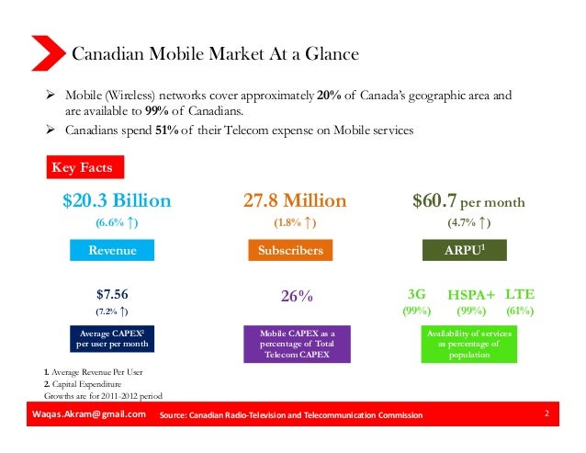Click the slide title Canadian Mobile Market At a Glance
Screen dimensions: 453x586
click(215, 55)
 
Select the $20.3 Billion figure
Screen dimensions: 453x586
click(117, 200)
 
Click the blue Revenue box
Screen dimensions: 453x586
click(111, 250)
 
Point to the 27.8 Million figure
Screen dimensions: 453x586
click(295, 200)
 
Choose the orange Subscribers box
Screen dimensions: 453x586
click(295, 250)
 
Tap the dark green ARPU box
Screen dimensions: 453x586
click(467, 250)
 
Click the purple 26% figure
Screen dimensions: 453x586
click(297, 297)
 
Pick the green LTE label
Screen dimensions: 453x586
click(520, 295)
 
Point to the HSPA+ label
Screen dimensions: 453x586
click(470, 296)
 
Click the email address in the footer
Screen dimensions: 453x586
click(88, 415)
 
